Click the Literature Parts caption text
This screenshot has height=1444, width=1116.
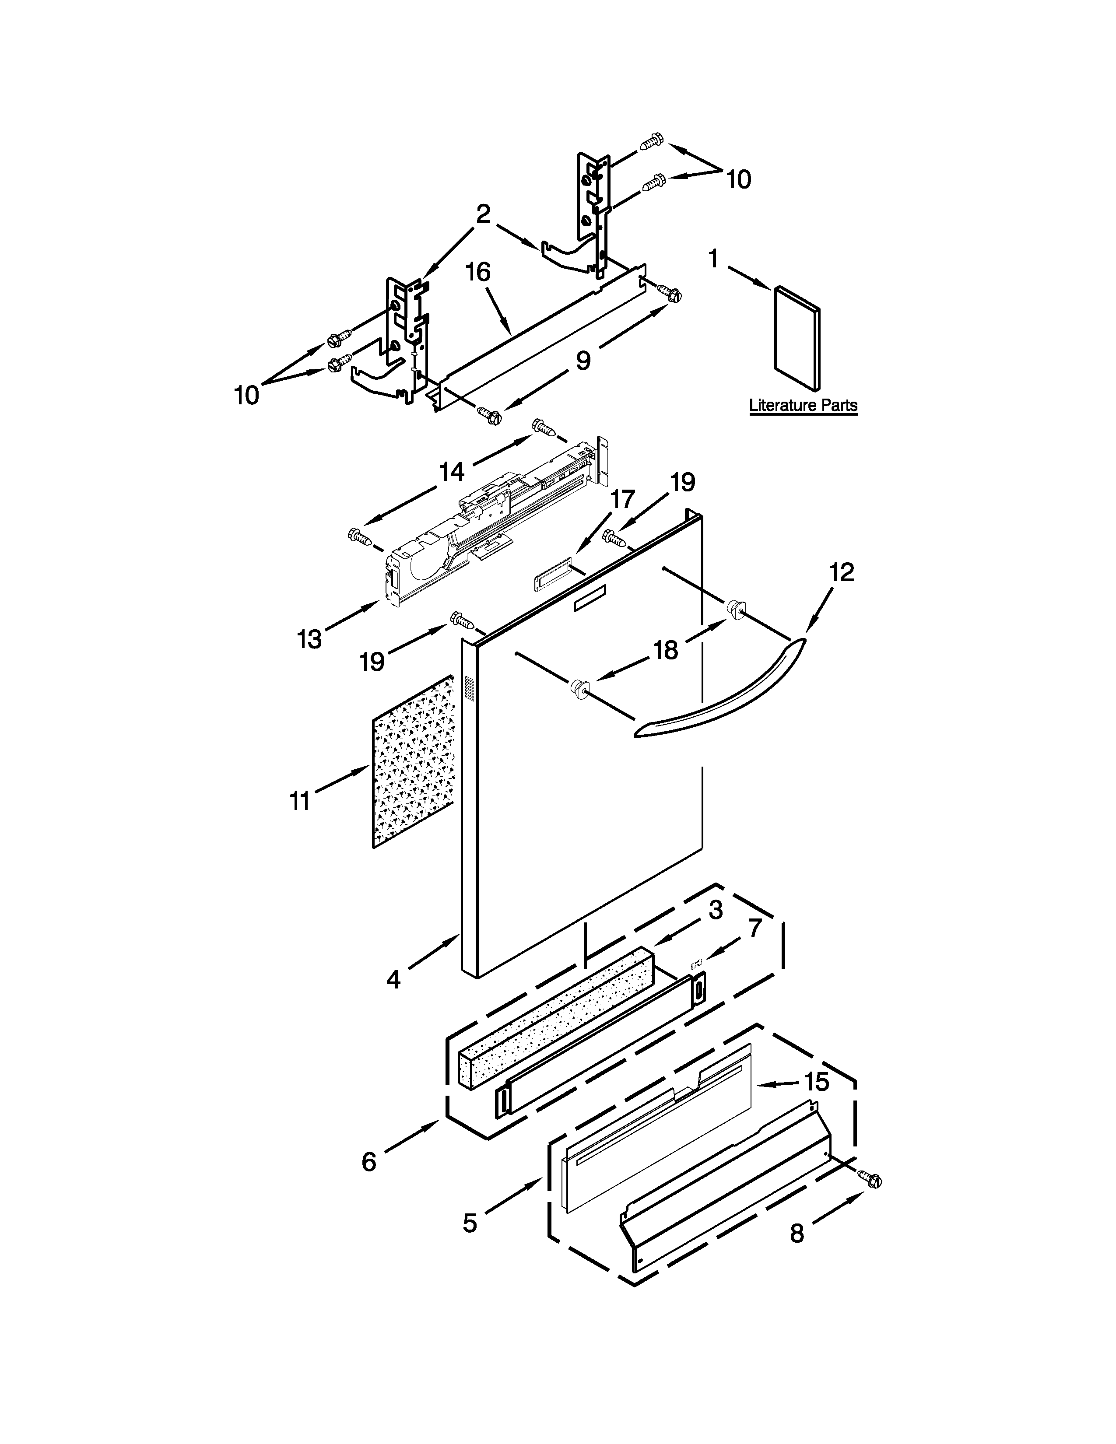coord(803,405)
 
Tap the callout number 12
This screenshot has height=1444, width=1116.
coord(841,572)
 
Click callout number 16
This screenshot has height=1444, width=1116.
coord(478,272)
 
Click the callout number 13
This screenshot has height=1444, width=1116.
coord(309,639)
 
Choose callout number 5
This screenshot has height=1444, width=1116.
coord(470,1223)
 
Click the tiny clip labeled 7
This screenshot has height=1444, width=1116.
coord(695,966)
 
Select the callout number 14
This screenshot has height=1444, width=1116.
coord(452,471)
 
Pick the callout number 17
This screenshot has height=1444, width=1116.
coord(622,499)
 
